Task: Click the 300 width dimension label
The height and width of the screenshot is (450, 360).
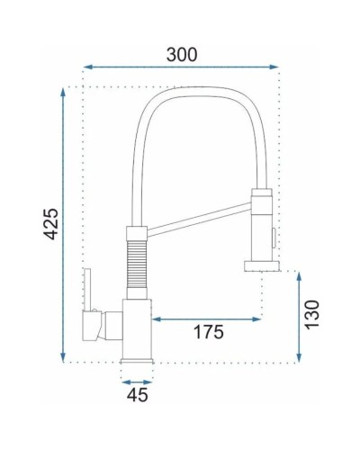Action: tap(181, 53)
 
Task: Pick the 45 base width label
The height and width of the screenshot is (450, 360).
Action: tap(137, 393)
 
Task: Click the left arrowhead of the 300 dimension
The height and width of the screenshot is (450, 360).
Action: tap(87, 66)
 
